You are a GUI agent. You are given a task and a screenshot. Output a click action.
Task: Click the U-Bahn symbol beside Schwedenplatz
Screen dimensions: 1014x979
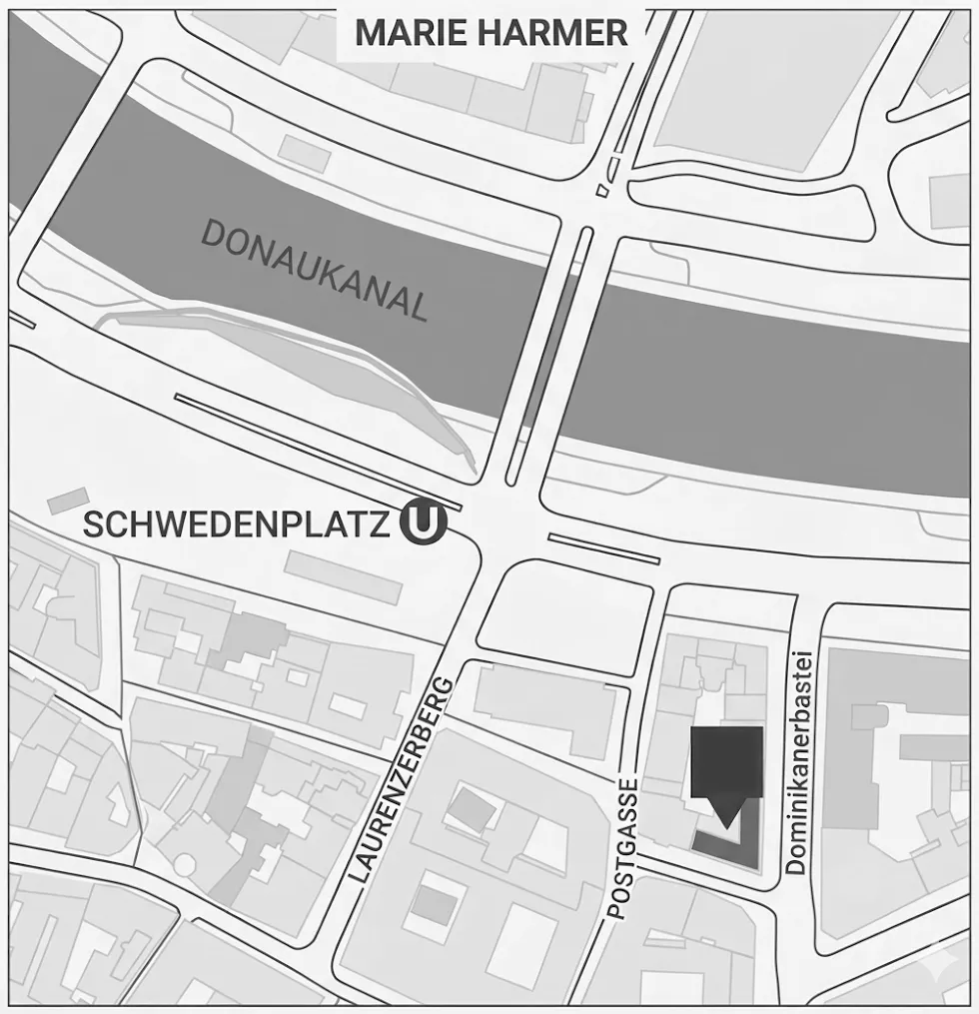(422, 523)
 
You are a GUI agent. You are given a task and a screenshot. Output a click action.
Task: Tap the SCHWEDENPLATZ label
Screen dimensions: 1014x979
(236, 524)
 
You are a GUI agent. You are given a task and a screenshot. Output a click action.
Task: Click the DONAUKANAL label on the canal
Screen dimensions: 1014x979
(315, 271)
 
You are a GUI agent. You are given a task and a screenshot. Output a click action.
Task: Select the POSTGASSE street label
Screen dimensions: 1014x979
(621, 848)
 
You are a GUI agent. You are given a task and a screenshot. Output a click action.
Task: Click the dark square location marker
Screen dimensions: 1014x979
(726, 761)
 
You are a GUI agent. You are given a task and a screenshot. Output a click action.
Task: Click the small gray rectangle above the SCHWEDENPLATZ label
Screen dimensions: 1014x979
(68, 501)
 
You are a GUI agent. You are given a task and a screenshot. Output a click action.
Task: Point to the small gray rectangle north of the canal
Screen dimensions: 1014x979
(304, 153)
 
